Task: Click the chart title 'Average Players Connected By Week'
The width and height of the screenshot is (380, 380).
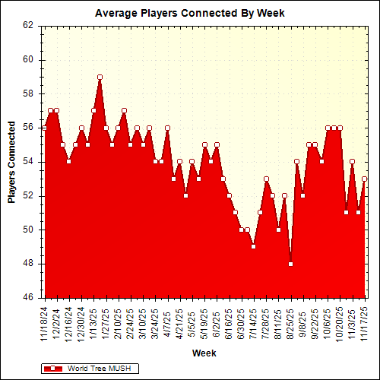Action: pyautogui.click(x=190, y=13)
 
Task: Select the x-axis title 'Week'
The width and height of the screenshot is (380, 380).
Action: pyautogui.click(x=204, y=353)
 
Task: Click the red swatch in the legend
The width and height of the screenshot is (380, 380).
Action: pyautogui.click(x=53, y=368)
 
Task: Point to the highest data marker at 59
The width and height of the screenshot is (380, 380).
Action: pyautogui.click(x=100, y=77)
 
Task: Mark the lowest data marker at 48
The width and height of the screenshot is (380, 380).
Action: pyautogui.click(x=290, y=264)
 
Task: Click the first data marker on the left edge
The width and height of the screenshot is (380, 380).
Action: pyautogui.click(x=44, y=128)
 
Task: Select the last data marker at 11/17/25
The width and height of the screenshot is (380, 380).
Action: pyautogui.click(x=365, y=179)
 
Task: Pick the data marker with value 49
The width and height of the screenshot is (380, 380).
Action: pyautogui.click(x=254, y=246)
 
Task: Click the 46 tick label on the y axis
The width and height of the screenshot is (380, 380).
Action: pyautogui.click(x=28, y=298)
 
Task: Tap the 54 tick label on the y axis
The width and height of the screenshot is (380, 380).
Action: pyautogui.click(x=28, y=162)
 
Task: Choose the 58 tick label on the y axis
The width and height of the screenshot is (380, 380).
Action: pyautogui.click(x=28, y=93)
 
